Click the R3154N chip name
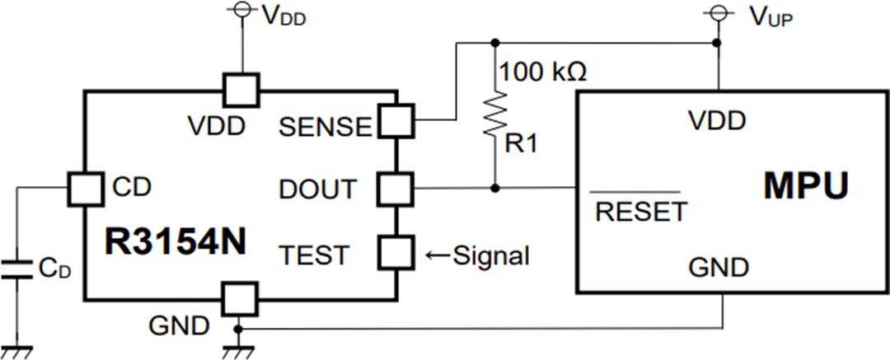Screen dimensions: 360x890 pyautogui.click(x=176, y=241)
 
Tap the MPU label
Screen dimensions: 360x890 pyautogui.click(x=805, y=187)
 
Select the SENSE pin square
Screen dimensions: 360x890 pyautogui.click(x=395, y=122)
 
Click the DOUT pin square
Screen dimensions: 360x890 pyautogui.click(x=395, y=189)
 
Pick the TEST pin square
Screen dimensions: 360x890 pyautogui.click(x=395, y=253)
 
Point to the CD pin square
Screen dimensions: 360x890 pyautogui.click(x=85, y=189)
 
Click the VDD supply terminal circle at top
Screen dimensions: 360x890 pyautogui.click(x=242, y=10)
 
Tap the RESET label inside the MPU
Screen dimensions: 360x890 pyautogui.click(x=640, y=212)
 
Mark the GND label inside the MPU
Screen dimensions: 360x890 pyautogui.click(x=719, y=268)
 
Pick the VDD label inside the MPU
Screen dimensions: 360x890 pyautogui.click(x=718, y=121)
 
